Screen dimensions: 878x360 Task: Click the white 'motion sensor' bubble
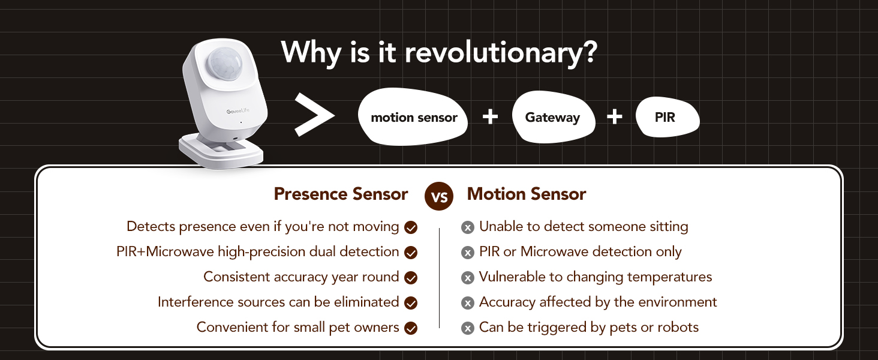413,117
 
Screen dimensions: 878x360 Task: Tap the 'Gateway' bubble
554,117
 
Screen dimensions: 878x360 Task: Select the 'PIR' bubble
667,117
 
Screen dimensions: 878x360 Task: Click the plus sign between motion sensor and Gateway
490,117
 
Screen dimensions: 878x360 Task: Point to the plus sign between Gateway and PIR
615,117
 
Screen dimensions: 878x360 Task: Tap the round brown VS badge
439,196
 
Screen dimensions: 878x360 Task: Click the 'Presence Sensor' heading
341,194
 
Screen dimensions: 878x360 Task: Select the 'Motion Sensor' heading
527,194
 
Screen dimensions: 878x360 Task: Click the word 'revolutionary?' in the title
501,53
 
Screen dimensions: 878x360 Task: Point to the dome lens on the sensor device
224,64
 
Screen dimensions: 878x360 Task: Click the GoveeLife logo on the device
238,112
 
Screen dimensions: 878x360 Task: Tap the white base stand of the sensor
221,151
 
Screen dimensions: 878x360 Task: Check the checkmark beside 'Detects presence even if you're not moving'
411,227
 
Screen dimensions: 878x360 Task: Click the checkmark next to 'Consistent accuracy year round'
411,278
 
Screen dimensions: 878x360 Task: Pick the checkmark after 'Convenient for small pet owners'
411,328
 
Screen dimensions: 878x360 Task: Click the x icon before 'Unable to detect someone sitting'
468,227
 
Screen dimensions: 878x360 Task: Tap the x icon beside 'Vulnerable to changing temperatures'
468,278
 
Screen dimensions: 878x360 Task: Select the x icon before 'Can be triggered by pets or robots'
468,328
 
